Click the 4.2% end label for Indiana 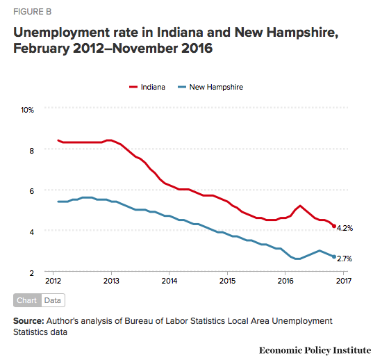click(345, 227)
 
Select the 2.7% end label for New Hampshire click(345, 258)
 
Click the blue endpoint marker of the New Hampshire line click(334, 257)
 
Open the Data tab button click(52, 300)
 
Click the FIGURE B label click(31, 13)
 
